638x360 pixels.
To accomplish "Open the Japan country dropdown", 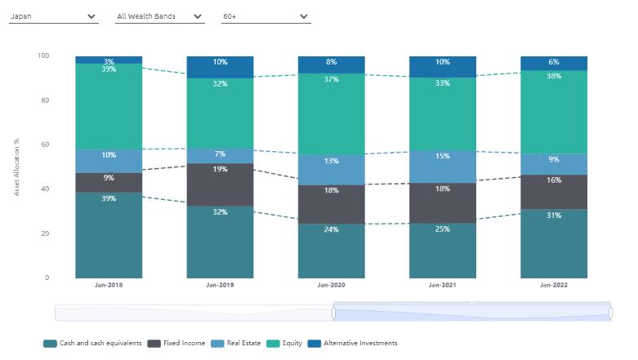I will tap(53, 16).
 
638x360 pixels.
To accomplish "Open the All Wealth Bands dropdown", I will tap(159, 16).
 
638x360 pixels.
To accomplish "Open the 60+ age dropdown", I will tap(265, 16).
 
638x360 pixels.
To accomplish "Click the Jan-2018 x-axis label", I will tap(109, 285).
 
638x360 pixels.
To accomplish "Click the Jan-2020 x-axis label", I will tap(331, 285).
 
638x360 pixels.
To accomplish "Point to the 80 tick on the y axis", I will tap(44, 100).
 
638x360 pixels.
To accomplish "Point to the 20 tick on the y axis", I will tap(44, 233).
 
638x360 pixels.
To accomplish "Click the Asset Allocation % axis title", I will tap(16, 167).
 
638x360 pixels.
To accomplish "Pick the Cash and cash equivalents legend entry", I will tap(92, 343).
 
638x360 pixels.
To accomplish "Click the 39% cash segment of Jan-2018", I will tap(109, 237).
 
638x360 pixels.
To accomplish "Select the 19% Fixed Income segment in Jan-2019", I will tap(220, 185).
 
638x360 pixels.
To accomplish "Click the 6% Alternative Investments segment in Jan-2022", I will tap(553, 63).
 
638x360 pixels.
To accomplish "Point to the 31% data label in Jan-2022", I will tap(553, 216).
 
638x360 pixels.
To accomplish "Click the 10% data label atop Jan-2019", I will tap(220, 62).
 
